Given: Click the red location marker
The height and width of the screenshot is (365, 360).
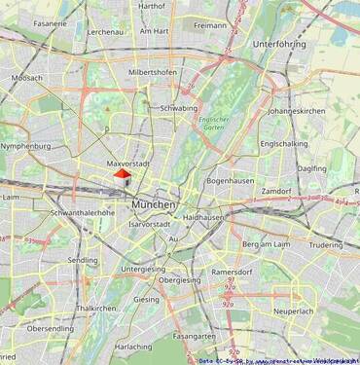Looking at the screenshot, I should (x=122, y=175).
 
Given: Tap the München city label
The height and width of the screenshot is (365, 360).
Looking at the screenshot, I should (x=154, y=205).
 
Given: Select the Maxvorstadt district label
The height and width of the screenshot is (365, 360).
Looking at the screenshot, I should (x=128, y=164).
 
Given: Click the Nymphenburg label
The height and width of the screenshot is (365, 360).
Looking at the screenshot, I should (x=25, y=147).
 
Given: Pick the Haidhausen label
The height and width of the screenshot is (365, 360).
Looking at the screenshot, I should (x=203, y=217).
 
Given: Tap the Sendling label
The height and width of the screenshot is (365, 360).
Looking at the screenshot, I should (x=83, y=261).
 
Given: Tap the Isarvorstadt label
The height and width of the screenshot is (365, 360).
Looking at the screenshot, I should (x=149, y=224).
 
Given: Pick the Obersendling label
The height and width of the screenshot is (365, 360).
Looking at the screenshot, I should (x=50, y=329).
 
